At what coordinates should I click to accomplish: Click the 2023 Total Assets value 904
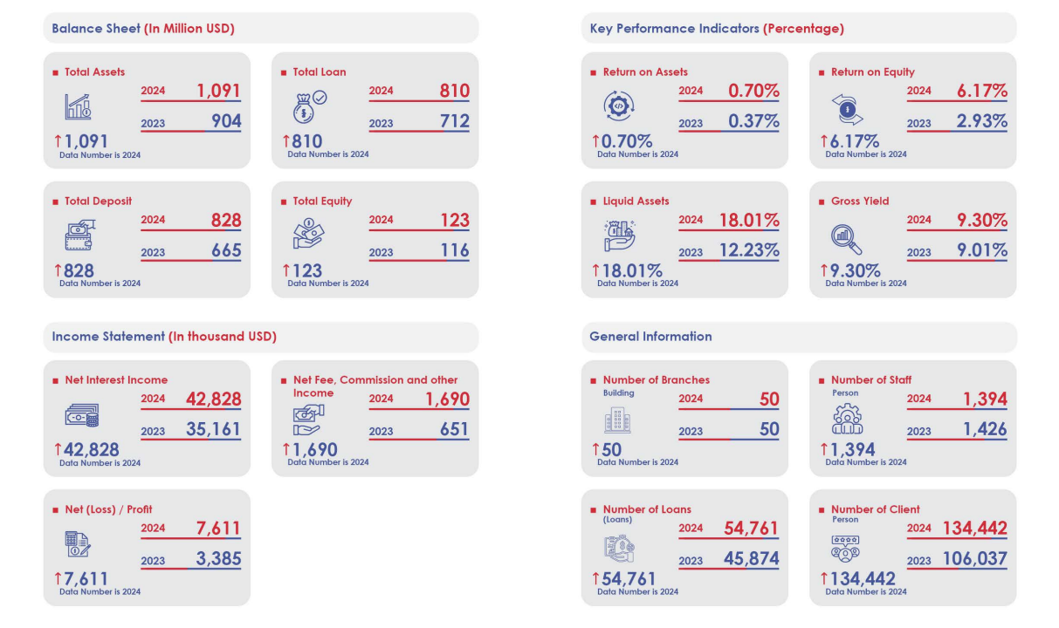tap(226, 121)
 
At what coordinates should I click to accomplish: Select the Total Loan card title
tap(319, 72)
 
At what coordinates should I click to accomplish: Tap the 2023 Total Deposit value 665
tap(226, 251)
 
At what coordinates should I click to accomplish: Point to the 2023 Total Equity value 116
tap(454, 251)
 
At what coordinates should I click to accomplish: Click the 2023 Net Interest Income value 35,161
tap(213, 429)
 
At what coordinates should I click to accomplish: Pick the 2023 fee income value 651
tap(453, 429)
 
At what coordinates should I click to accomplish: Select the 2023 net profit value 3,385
tap(218, 559)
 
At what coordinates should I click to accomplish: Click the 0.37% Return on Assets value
tap(753, 121)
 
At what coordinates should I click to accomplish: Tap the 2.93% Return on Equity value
tap(981, 121)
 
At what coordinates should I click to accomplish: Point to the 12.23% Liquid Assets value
tap(749, 251)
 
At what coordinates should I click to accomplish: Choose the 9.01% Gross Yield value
tap(981, 251)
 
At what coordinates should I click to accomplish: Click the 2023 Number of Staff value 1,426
tap(985, 429)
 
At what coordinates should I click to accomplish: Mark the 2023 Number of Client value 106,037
tap(974, 559)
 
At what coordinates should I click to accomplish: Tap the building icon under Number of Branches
tap(616, 422)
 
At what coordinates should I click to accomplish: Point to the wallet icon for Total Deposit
tap(79, 235)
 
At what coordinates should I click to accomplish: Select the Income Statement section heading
tap(164, 337)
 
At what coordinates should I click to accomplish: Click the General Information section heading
tap(650, 337)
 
